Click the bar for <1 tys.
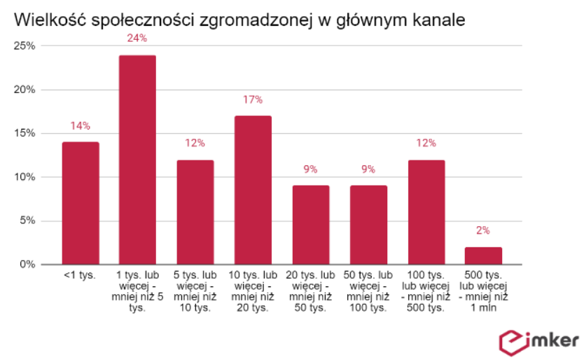80,203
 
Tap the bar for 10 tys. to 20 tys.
253,190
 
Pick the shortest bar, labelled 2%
483,256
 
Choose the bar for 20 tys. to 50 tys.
311,225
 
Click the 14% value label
80,126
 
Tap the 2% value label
483,230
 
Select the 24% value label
137,38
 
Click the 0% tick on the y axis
27,265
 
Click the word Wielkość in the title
45,21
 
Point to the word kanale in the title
439,21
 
